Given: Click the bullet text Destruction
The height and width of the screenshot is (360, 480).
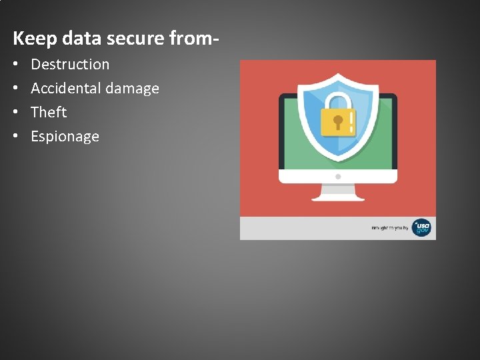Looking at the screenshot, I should (70, 65).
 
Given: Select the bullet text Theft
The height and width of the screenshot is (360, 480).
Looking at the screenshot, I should (49, 112).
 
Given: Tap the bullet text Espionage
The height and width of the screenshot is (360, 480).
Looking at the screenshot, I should (65, 137).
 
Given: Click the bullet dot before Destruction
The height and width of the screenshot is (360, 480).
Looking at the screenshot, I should (15, 65).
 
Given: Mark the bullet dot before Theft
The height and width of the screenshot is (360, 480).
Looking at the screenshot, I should (15, 113).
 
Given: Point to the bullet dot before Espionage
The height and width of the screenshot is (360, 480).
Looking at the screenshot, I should (15, 137).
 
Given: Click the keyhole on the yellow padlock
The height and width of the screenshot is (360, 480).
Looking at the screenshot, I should (338, 121).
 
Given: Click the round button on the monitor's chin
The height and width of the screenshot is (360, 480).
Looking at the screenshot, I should (338, 177).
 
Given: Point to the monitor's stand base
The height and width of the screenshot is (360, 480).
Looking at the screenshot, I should (338, 197).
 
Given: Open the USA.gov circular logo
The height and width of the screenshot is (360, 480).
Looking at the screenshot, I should (421, 228).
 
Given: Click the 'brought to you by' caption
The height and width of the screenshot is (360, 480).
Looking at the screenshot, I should (390, 229).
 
